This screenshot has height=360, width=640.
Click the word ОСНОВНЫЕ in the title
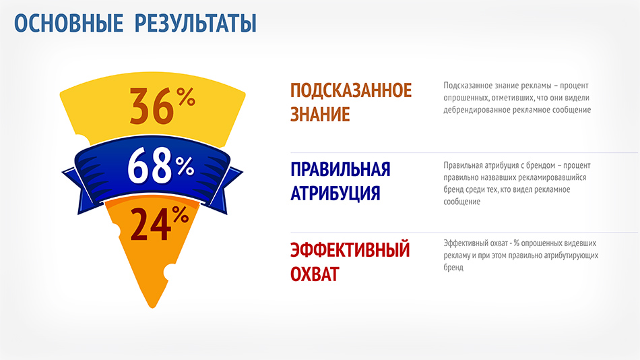[69, 23]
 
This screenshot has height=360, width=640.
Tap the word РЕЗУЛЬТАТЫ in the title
[196, 24]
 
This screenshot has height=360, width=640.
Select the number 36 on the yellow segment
[152, 107]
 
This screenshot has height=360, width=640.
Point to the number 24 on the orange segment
[151, 224]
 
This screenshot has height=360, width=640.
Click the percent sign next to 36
[186, 97]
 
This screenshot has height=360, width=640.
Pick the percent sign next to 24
[181, 214]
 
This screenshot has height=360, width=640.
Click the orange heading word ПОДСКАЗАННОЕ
[351, 90]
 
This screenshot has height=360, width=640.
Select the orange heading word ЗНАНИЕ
[320, 114]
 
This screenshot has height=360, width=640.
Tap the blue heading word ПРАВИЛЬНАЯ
[340, 169]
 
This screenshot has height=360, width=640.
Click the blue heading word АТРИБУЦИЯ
[335, 193]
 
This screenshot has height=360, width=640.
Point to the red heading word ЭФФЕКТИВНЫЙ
[350, 249]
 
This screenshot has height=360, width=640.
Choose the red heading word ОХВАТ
[315, 274]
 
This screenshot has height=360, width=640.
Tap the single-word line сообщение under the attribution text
[462, 202]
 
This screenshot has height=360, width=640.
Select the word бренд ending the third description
[453, 268]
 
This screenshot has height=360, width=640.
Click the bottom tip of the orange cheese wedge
[153, 307]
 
